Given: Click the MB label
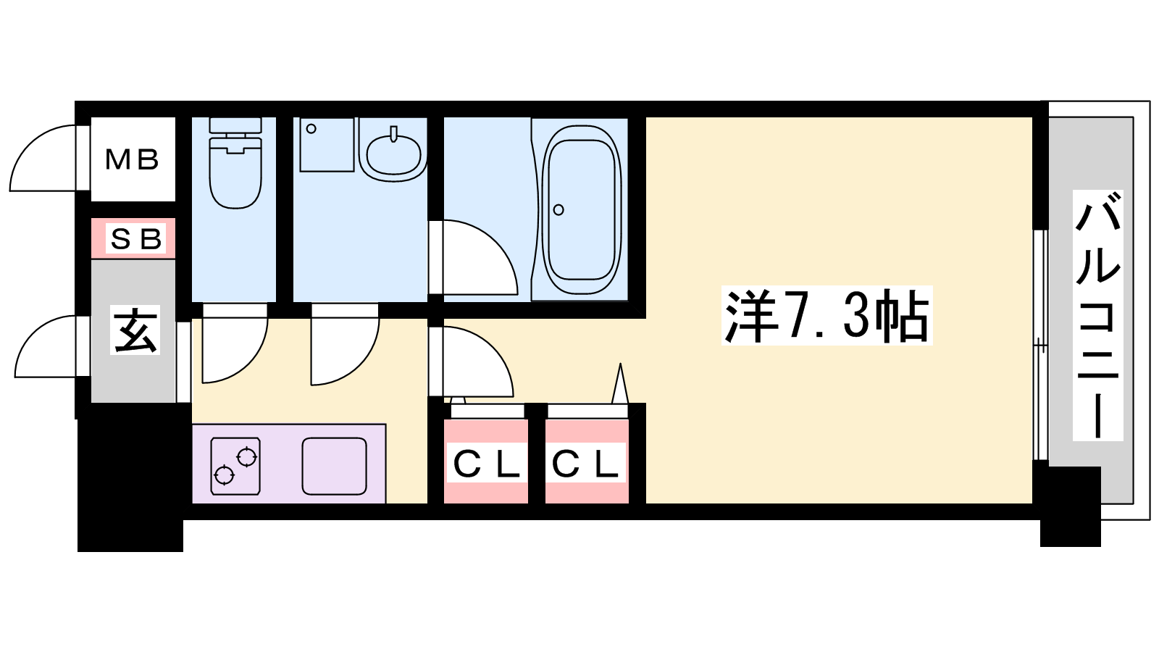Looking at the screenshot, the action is [132, 159].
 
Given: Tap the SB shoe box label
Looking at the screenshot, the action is [135, 239].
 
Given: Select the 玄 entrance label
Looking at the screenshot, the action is [135, 330].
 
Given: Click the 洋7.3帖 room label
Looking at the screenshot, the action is [827, 316].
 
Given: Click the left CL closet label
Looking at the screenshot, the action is [486, 464].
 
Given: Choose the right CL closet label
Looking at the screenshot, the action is [585, 464].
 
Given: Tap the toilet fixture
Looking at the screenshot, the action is [235, 163].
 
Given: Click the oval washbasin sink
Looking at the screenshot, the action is [394, 154].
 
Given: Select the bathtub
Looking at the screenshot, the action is [584, 209].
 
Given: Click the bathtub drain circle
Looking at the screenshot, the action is [558, 209].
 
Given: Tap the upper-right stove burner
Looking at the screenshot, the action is [247, 457].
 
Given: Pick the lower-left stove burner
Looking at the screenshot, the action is [224, 475].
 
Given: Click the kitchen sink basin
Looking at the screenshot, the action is [334, 466].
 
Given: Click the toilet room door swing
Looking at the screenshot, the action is [235, 343].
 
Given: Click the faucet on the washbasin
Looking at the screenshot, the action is [394, 133].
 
